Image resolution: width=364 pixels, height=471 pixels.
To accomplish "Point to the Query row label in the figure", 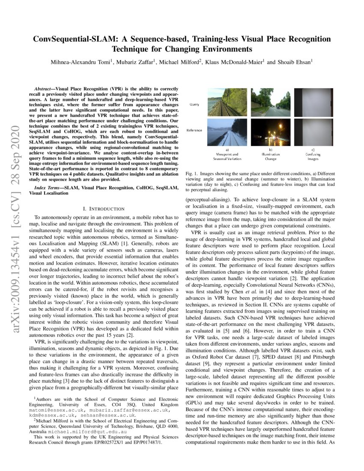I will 195,104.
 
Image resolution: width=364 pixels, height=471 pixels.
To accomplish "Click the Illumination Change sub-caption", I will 266,155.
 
